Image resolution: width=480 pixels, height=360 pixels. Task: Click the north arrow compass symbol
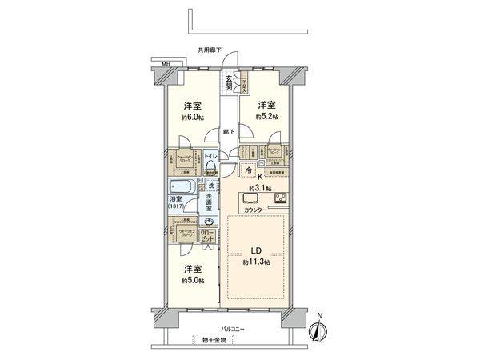319,328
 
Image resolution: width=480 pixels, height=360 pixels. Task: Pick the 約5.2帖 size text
267,117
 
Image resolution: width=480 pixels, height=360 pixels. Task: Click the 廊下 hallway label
230,132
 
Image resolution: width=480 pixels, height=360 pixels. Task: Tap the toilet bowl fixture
210,166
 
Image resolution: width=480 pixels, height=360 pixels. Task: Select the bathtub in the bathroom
180,190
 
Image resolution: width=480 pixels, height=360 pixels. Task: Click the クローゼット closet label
207,237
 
